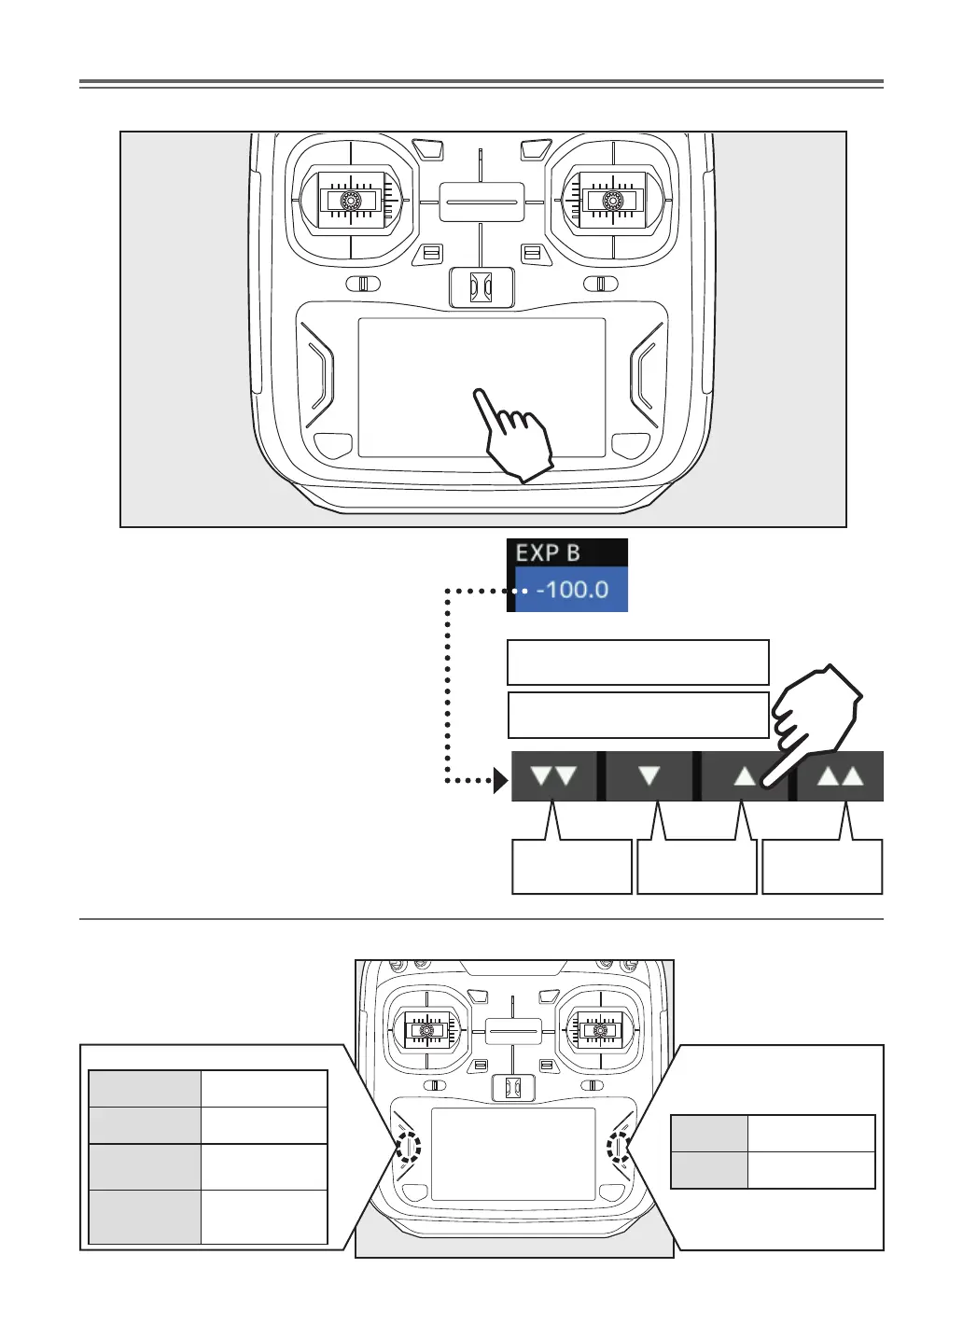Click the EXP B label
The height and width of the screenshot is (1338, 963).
(549, 552)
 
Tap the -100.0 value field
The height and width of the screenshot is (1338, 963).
(571, 590)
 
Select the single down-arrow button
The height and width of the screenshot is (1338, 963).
(649, 775)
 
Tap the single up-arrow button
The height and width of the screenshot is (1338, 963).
(745, 775)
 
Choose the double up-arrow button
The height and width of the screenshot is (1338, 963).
(840, 775)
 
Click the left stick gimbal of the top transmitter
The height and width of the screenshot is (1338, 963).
(350, 201)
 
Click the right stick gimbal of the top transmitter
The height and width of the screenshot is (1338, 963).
(612, 201)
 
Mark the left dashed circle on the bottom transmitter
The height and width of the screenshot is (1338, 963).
(410, 1145)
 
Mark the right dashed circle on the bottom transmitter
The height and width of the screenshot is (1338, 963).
(618, 1145)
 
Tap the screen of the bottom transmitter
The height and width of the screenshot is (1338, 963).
(513, 1154)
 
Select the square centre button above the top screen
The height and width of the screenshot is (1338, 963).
(481, 287)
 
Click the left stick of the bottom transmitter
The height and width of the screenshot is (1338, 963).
(427, 1031)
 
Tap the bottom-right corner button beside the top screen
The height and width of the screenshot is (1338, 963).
(630, 444)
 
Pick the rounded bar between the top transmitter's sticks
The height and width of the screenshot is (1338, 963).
(481, 201)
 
